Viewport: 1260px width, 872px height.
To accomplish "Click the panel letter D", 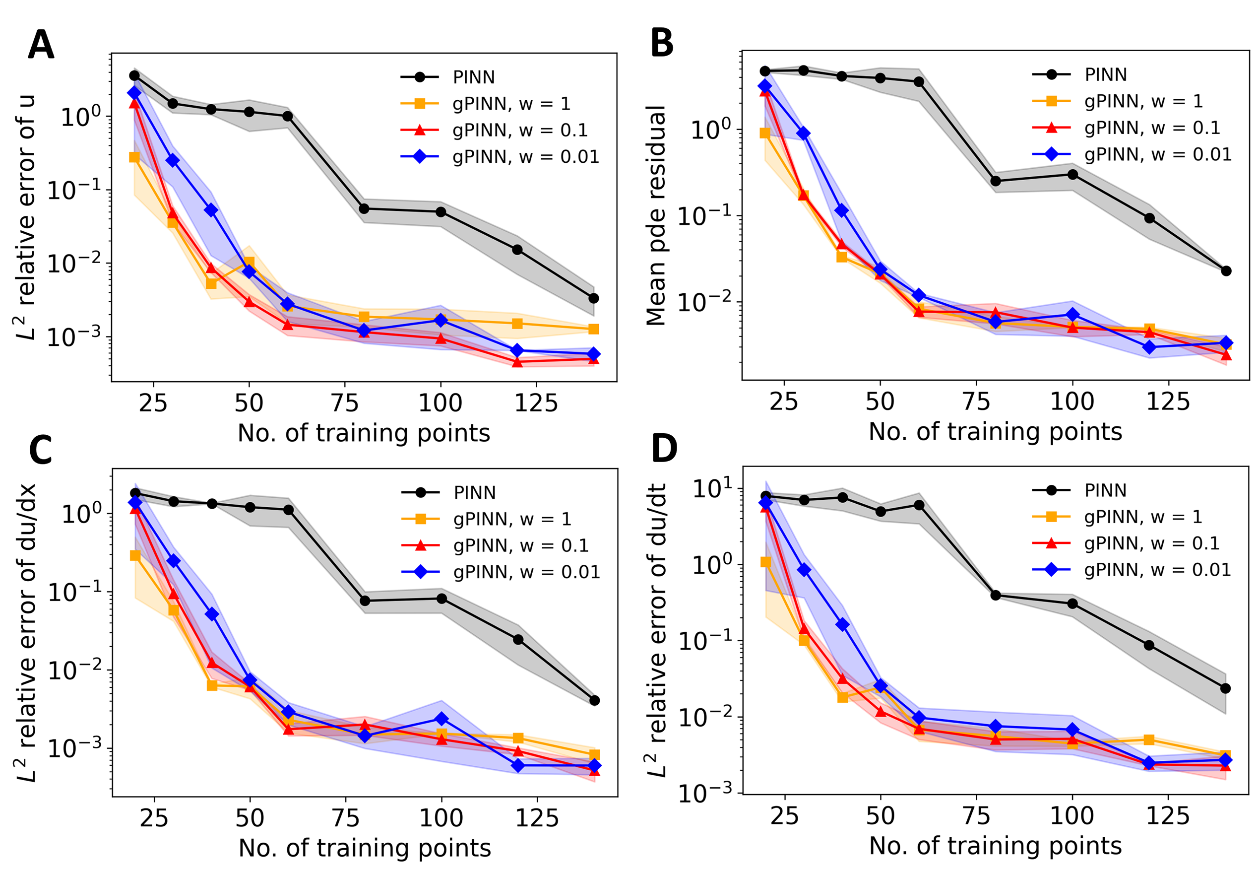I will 664,449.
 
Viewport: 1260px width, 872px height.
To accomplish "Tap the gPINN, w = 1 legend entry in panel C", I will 512,519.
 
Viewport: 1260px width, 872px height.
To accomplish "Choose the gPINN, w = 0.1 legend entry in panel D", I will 1151,543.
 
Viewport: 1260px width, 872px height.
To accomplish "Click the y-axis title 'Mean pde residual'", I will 655,216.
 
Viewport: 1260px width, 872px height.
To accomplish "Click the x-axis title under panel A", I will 364,433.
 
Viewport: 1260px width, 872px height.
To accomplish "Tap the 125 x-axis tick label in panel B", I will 1168,402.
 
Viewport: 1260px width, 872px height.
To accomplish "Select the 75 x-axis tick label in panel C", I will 346,818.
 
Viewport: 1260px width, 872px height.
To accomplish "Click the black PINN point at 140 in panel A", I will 594,298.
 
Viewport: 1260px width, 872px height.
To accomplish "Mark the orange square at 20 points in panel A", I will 134,157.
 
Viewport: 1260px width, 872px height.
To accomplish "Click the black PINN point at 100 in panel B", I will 1072,174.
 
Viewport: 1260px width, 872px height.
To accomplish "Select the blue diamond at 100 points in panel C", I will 442,719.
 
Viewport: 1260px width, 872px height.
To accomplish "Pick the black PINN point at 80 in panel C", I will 365,601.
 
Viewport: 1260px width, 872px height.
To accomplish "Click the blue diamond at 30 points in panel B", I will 804,134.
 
